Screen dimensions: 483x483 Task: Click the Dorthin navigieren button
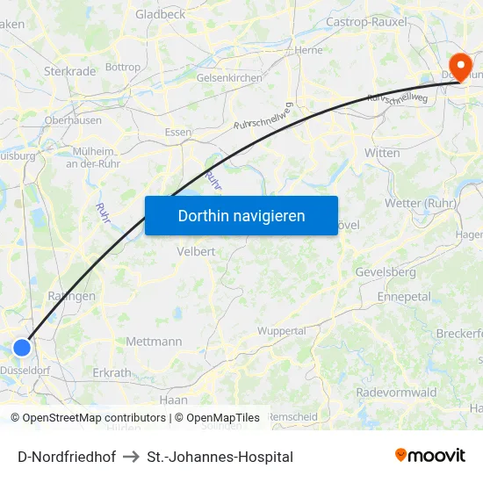(x=241, y=215)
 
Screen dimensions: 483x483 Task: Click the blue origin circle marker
(x=22, y=348)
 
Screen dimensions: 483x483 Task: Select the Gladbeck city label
(x=160, y=15)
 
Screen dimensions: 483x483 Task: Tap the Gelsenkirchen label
(x=229, y=78)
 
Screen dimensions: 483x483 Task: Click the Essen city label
(x=178, y=133)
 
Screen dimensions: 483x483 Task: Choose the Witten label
(x=382, y=153)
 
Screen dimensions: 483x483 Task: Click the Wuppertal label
(x=282, y=331)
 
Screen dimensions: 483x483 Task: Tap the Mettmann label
(x=154, y=342)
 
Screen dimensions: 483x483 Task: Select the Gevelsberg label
(x=386, y=272)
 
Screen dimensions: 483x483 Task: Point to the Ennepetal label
(x=404, y=297)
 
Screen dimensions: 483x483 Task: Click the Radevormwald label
(x=396, y=393)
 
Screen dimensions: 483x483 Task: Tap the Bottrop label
(x=122, y=67)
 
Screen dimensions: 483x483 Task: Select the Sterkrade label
(x=68, y=70)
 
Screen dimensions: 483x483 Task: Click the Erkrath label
(x=112, y=372)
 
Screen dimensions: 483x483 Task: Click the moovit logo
(x=429, y=455)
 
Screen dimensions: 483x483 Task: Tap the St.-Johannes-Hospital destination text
(x=220, y=457)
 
